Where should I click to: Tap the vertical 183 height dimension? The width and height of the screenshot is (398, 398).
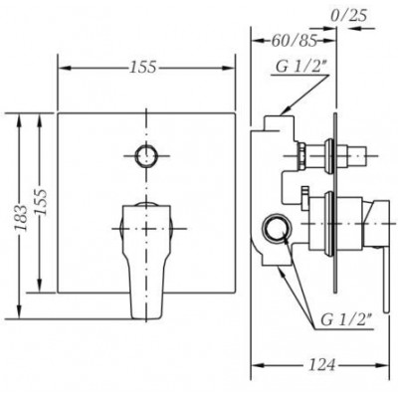(21, 218)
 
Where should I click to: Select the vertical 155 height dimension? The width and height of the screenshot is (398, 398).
(41, 202)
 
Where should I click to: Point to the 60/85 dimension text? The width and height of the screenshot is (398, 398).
(294, 41)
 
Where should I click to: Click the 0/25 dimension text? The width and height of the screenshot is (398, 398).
(348, 15)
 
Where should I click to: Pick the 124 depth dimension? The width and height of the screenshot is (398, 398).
(321, 365)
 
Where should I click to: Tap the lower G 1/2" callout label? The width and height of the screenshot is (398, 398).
(345, 320)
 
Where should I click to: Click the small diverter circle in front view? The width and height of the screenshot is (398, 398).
(145, 156)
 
